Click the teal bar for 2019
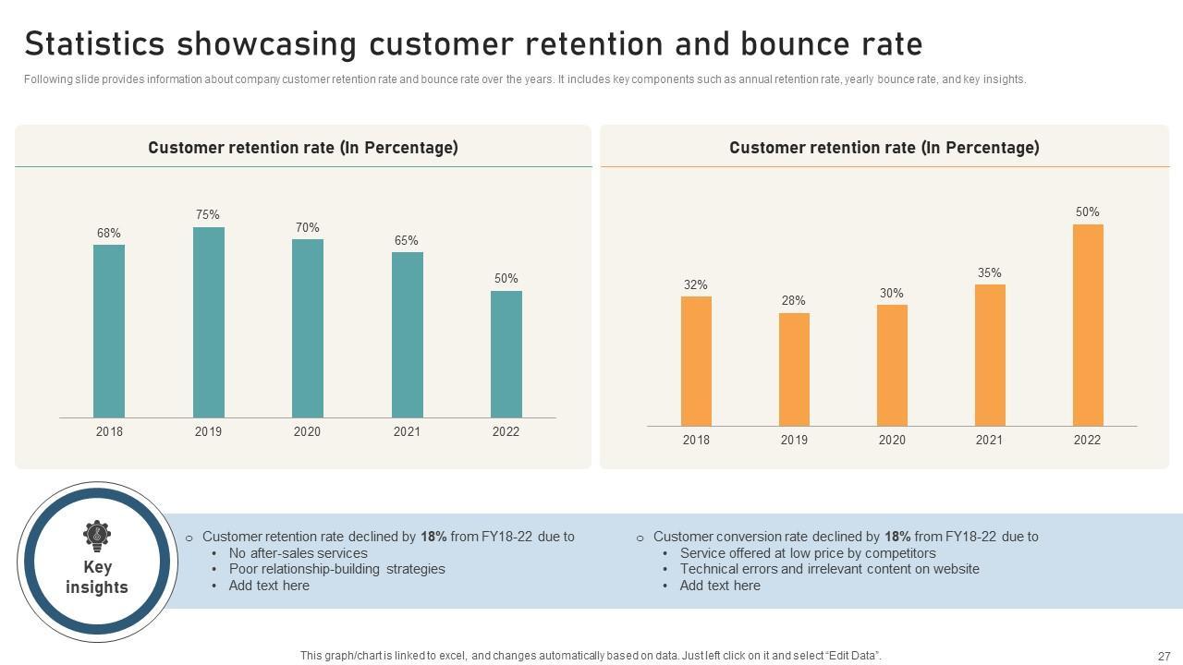(x=208, y=322)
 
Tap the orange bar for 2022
(x=1088, y=324)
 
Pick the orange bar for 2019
(x=794, y=369)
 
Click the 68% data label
(x=109, y=233)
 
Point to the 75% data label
(x=208, y=215)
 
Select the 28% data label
(x=793, y=300)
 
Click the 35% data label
(x=989, y=272)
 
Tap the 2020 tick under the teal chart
(x=307, y=431)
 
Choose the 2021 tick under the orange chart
(x=989, y=440)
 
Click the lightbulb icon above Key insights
(x=96, y=535)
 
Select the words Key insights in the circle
(x=97, y=577)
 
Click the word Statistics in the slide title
(x=95, y=44)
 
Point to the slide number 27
(x=1164, y=656)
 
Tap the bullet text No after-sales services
(x=298, y=553)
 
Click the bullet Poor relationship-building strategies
(x=336, y=569)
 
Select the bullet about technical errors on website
(x=829, y=569)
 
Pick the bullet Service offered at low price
(x=807, y=553)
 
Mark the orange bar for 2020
(x=892, y=365)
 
